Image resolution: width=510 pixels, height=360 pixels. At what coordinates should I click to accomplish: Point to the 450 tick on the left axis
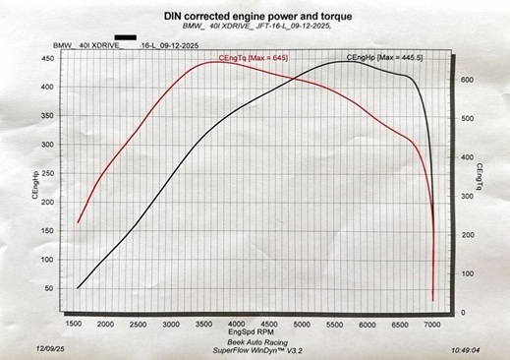(x=47, y=59)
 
